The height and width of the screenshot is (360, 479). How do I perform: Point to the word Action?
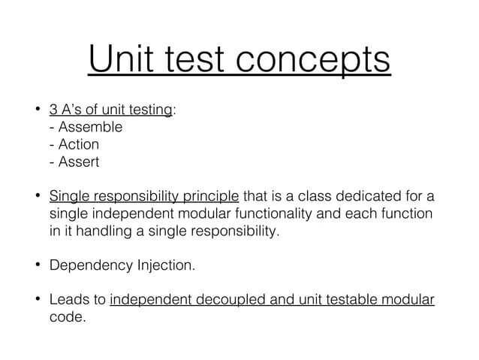pyautogui.click(x=79, y=144)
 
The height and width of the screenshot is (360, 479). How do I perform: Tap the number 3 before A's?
pyautogui.click(x=54, y=110)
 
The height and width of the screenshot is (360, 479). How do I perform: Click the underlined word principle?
pyautogui.click(x=212, y=198)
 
